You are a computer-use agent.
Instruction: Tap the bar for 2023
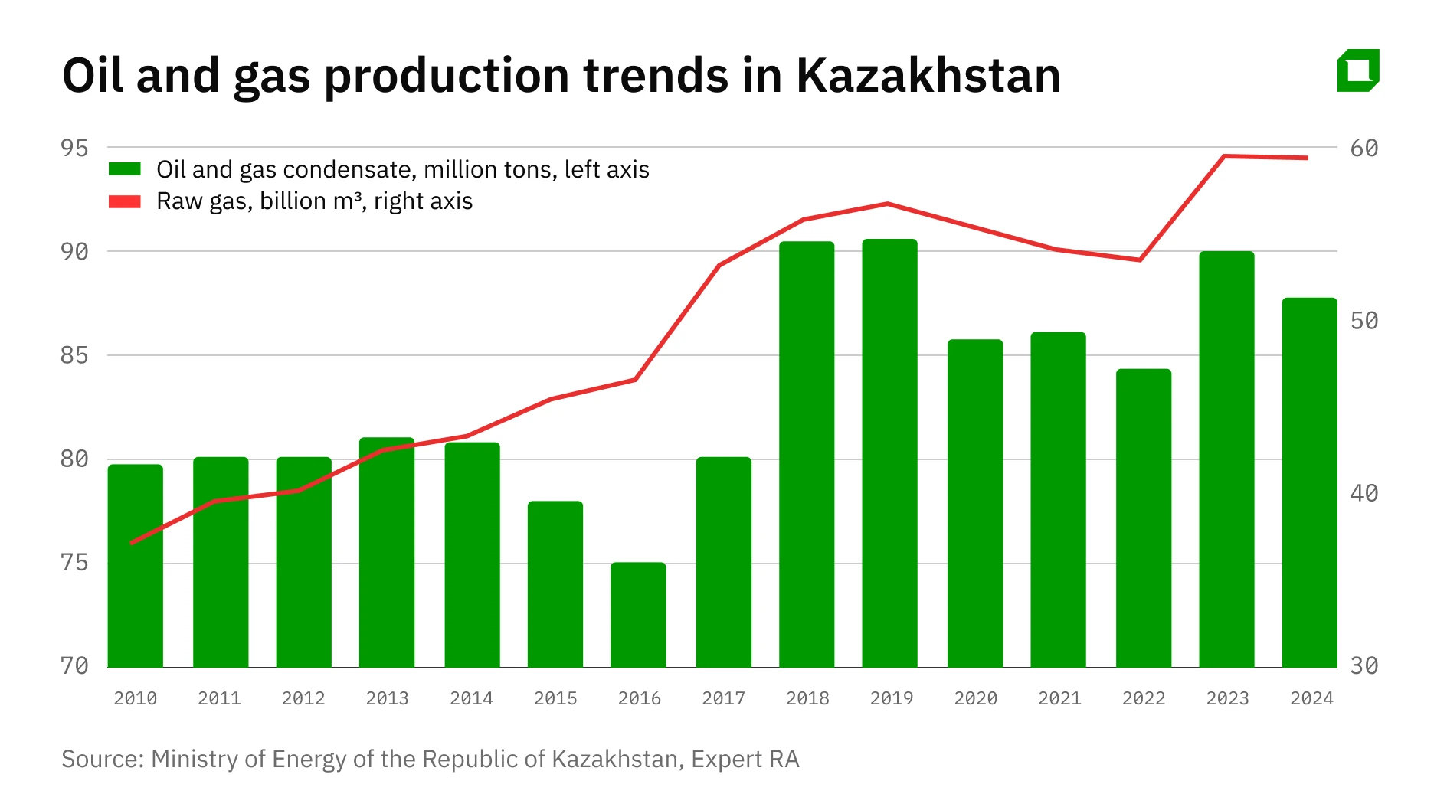[1226, 459]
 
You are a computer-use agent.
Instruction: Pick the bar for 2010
[136, 566]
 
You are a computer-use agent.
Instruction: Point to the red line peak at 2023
[1224, 156]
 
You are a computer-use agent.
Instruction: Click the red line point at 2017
[719, 266]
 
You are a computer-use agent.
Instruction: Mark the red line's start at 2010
[132, 543]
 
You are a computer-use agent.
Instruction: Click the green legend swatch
[125, 169]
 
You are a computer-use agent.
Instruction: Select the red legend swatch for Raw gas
[125, 201]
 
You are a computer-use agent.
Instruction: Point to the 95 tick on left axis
[74, 148]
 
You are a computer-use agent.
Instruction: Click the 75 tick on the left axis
[74, 563]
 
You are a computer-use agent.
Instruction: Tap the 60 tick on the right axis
[1364, 148]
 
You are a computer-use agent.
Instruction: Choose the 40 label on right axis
[1364, 493]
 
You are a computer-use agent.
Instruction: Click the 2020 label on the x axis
[975, 698]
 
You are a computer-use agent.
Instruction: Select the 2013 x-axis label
[387, 698]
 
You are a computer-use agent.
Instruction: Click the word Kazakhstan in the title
[928, 75]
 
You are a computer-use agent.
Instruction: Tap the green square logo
[1358, 70]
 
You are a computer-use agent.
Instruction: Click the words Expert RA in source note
[745, 759]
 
